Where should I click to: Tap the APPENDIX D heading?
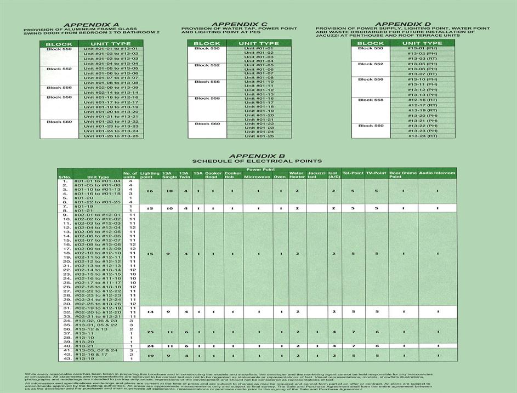pos(403,24)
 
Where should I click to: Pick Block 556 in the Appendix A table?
pos(59,88)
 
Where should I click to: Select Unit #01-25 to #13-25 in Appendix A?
pos(111,136)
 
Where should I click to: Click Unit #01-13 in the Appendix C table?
pos(259,94)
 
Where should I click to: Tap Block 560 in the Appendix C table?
pos(207,124)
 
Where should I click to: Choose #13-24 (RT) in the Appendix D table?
pos(422,136)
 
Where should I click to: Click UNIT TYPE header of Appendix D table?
pos(422,43)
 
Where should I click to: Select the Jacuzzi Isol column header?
pos(316,175)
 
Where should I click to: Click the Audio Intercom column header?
pos(437,173)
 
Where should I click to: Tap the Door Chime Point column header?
pos(402,175)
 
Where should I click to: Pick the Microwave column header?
pos(257,176)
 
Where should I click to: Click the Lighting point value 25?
pos(150,332)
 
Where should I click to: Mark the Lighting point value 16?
pos(150,191)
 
